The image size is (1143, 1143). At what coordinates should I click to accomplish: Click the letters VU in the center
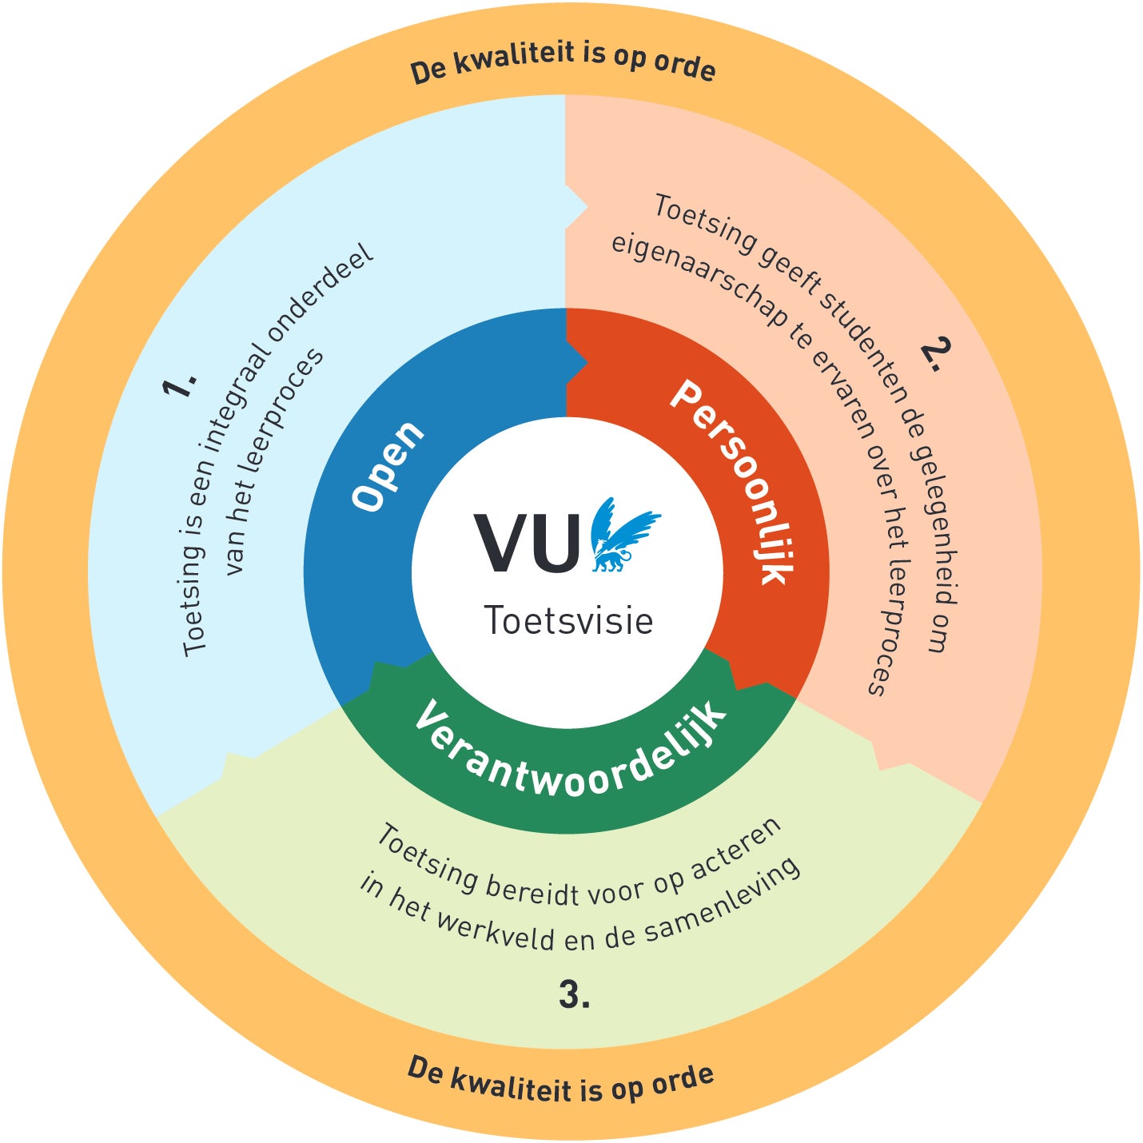(528, 543)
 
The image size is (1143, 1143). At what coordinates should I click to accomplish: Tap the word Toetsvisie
(568, 621)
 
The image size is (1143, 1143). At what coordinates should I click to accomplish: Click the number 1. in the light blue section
(179, 384)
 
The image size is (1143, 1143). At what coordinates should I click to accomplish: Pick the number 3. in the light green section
(574, 996)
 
